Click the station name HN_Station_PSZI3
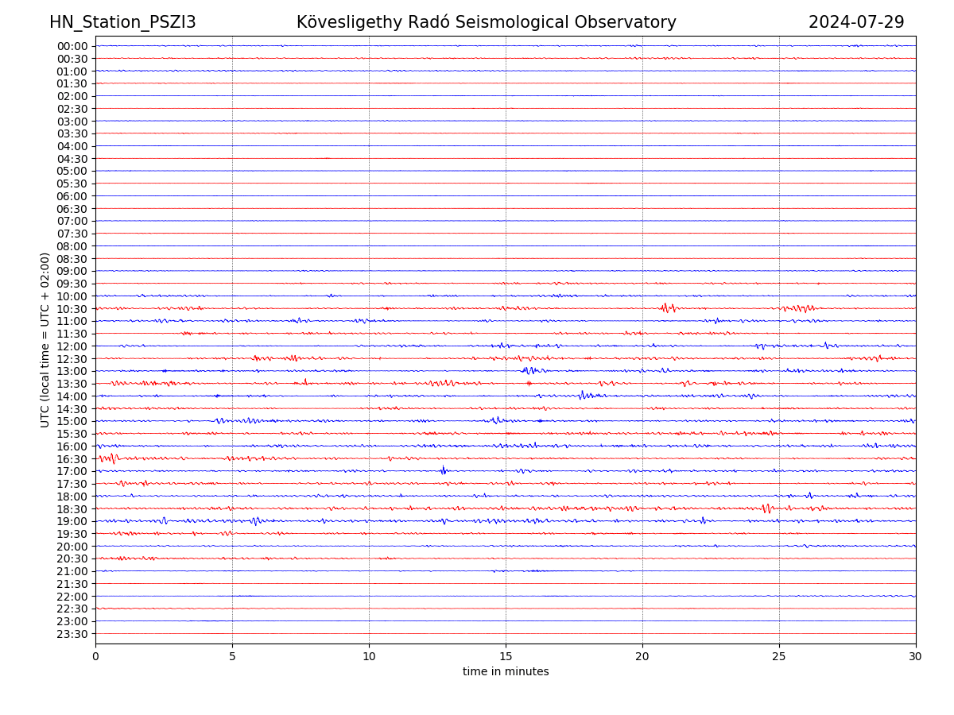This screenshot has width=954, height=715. click(122, 22)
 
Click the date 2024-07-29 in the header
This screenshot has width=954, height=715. click(856, 22)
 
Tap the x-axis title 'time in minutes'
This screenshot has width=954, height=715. click(506, 672)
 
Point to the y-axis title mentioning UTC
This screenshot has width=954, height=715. click(45, 339)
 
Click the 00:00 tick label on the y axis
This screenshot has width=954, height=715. click(72, 46)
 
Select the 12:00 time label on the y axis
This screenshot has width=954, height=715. click(72, 346)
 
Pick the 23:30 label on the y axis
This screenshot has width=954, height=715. click(72, 634)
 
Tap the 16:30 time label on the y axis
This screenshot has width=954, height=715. click(72, 459)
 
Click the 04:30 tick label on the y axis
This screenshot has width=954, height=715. click(72, 159)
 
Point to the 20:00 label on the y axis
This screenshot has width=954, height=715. click(72, 547)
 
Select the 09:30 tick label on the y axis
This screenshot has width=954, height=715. click(72, 284)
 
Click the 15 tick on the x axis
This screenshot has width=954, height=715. click(506, 656)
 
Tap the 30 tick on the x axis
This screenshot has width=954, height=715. click(916, 656)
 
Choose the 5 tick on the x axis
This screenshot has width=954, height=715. click(232, 656)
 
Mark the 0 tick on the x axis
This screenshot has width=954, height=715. click(95, 656)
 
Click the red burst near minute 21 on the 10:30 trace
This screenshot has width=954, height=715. click(668, 307)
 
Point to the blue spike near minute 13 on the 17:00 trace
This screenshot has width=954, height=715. click(444, 470)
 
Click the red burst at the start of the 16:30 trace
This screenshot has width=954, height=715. click(110, 458)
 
